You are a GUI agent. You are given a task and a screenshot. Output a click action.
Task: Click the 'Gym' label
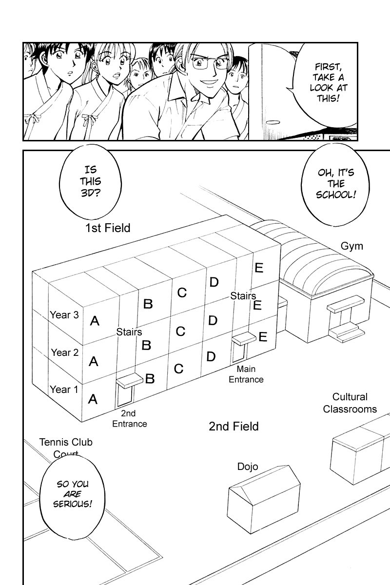[x=351, y=246]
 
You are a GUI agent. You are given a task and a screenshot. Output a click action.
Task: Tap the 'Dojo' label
[x=248, y=467]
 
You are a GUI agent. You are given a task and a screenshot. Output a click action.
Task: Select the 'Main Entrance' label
[x=246, y=374]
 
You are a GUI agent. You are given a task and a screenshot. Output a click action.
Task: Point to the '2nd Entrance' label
[x=129, y=419]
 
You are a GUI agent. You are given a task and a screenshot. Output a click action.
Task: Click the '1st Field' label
[x=108, y=228]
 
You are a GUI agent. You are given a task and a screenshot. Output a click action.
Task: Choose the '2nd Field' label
[x=234, y=427]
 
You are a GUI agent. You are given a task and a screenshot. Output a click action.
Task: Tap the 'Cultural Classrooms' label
[x=350, y=403]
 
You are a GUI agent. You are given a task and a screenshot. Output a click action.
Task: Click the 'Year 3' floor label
[x=64, y=315]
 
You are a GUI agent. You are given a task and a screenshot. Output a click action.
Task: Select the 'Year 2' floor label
[x=64, y=352]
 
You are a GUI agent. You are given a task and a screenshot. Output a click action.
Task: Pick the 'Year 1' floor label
[x=64, y=390]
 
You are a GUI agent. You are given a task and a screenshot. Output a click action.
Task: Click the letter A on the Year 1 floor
[x=93, y=400]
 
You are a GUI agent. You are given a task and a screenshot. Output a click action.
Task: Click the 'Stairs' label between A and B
[x=129, y=332]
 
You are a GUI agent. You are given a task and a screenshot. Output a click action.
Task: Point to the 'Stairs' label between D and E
[x=243, y=296]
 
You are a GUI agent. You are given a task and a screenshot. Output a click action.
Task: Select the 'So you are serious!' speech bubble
[x=74, y=494]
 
